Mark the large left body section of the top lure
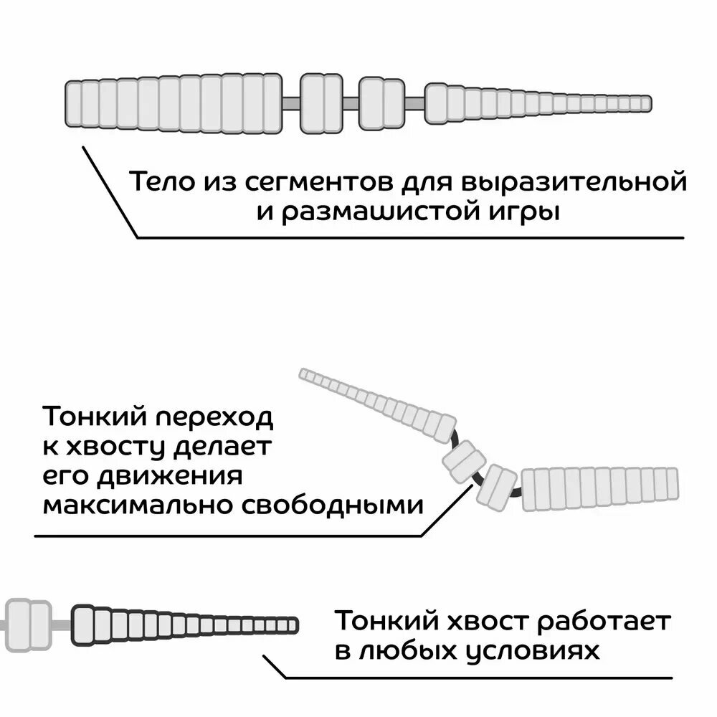pyautogui.click(x=172, y=104)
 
